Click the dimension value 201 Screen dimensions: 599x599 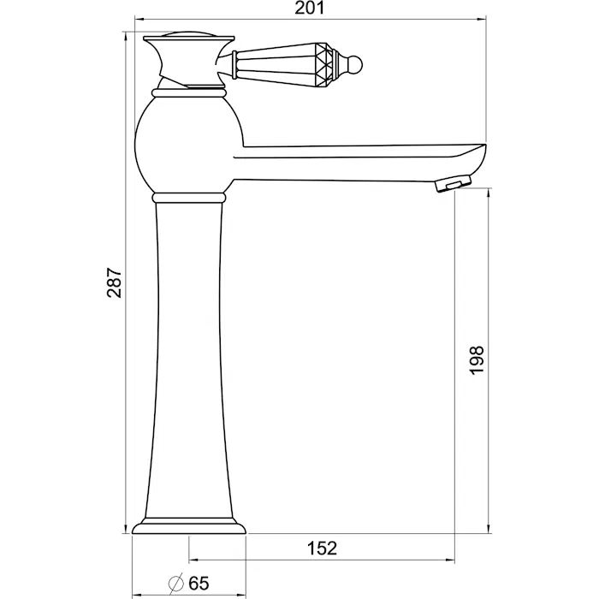[x=310, y=8]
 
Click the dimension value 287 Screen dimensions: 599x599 [x=114, y=282]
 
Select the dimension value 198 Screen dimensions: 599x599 [x=477, y=360]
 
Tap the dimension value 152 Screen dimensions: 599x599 [x=323, y=549]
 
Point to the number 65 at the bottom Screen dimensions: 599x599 [x=199, y=584]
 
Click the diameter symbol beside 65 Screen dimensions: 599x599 [x=175, y=583]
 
